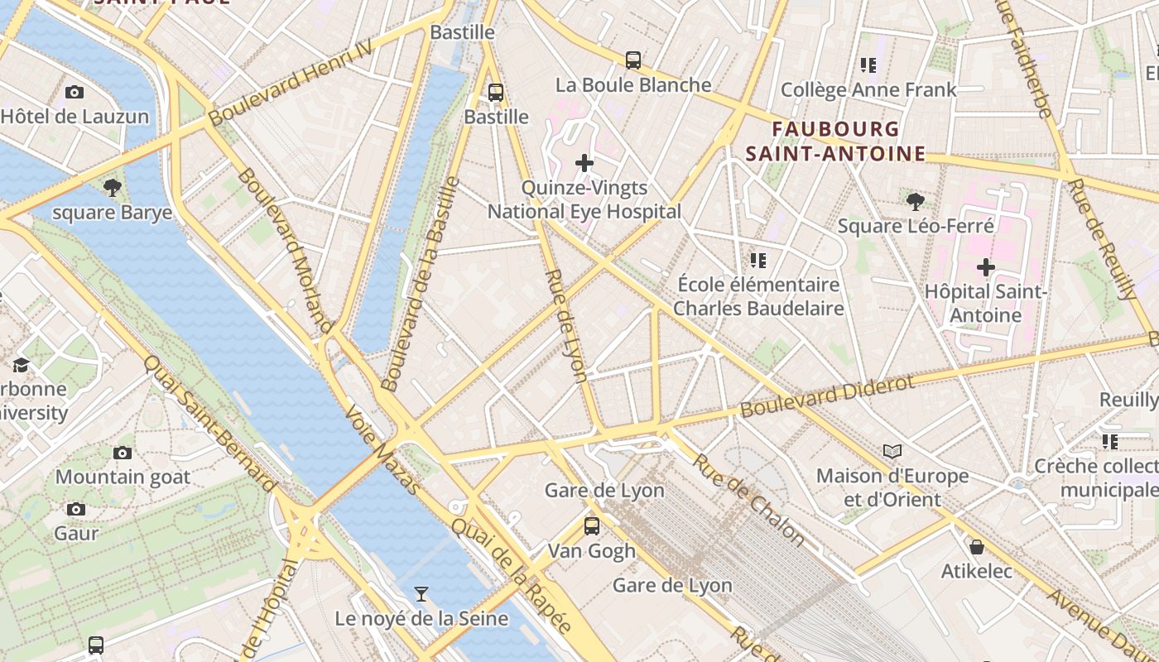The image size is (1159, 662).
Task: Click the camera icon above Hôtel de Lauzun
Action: click(75, 92)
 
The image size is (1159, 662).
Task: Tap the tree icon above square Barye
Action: click(113, 188)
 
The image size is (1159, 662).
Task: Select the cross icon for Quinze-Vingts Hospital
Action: click(584, 163)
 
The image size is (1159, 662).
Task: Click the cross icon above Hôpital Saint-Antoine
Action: click(985, 267)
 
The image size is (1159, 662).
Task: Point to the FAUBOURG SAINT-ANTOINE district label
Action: click(835, 142)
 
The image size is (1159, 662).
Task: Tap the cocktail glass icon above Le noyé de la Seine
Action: click(421, 593)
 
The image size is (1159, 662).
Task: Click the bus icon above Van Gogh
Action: click(592, 525)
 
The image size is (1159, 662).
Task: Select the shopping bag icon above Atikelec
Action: click(977, 547)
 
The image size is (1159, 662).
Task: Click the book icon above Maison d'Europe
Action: click(892, 451)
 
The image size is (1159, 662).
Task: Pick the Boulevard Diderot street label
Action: click(827, 396)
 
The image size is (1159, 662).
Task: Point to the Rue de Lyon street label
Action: click(567, 325)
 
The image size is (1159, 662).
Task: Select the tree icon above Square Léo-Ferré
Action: click(915, 201)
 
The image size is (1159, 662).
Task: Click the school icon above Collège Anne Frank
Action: click(868, 65)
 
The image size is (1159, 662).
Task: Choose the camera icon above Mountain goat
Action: click(123, 453)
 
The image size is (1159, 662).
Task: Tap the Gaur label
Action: click(76, 533)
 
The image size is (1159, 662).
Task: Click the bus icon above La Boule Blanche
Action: click(633, 60)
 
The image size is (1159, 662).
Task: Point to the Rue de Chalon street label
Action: click(748, 501)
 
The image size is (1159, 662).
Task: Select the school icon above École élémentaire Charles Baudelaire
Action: click(757, 261)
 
